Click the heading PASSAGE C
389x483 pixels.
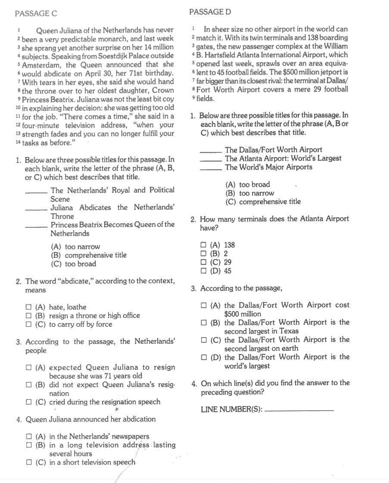click(x=36, y=14)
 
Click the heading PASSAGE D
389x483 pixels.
click(x=210, y=12)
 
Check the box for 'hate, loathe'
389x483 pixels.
click(x=28, y=307)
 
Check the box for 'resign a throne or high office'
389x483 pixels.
click(x=28, y=316)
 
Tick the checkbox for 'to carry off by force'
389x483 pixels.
click(x=28, y=324)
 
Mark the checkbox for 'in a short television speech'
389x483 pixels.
click(x=28, y=462)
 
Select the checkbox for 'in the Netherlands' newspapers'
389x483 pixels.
click(x=28, y=436)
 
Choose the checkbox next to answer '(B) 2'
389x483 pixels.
click(x=203, y=254)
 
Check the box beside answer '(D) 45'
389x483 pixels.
click(x=203, y=271)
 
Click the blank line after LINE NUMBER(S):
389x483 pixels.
click(x=299, y=409)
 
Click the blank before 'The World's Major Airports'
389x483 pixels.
click(x=211, y=168)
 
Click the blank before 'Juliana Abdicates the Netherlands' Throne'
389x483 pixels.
click(x=37, y=209)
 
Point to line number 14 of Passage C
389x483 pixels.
click(x=18, y=142)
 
